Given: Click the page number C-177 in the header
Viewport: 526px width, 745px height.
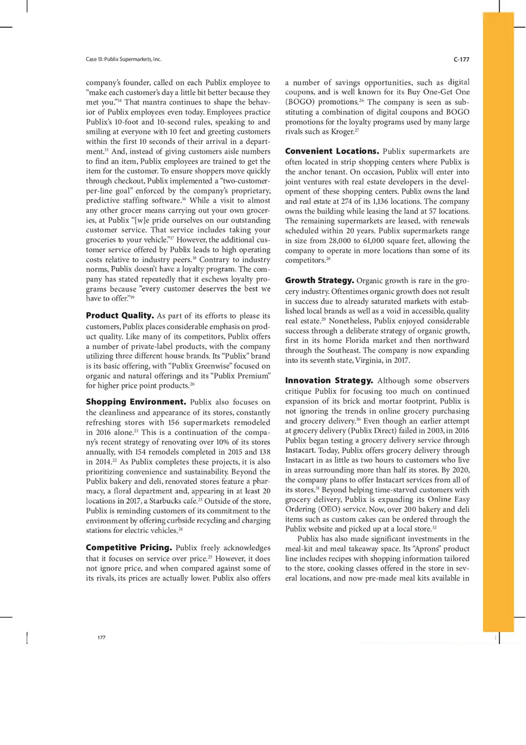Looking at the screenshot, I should click(461, 60).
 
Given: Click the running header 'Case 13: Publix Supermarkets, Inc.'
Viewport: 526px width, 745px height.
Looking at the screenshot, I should click(124, 60).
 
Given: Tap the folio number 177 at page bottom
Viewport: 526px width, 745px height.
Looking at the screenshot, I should click(102, 637).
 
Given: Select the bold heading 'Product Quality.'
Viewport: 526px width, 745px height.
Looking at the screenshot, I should click(120, 315).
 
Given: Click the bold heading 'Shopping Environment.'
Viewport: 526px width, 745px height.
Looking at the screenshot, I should click(136, 402).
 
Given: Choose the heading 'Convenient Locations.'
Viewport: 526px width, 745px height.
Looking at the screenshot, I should click(332, 151).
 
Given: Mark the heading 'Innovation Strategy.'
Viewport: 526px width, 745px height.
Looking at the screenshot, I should click(329, 380).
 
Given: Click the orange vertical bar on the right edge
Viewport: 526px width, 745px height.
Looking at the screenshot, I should click(498, 323).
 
